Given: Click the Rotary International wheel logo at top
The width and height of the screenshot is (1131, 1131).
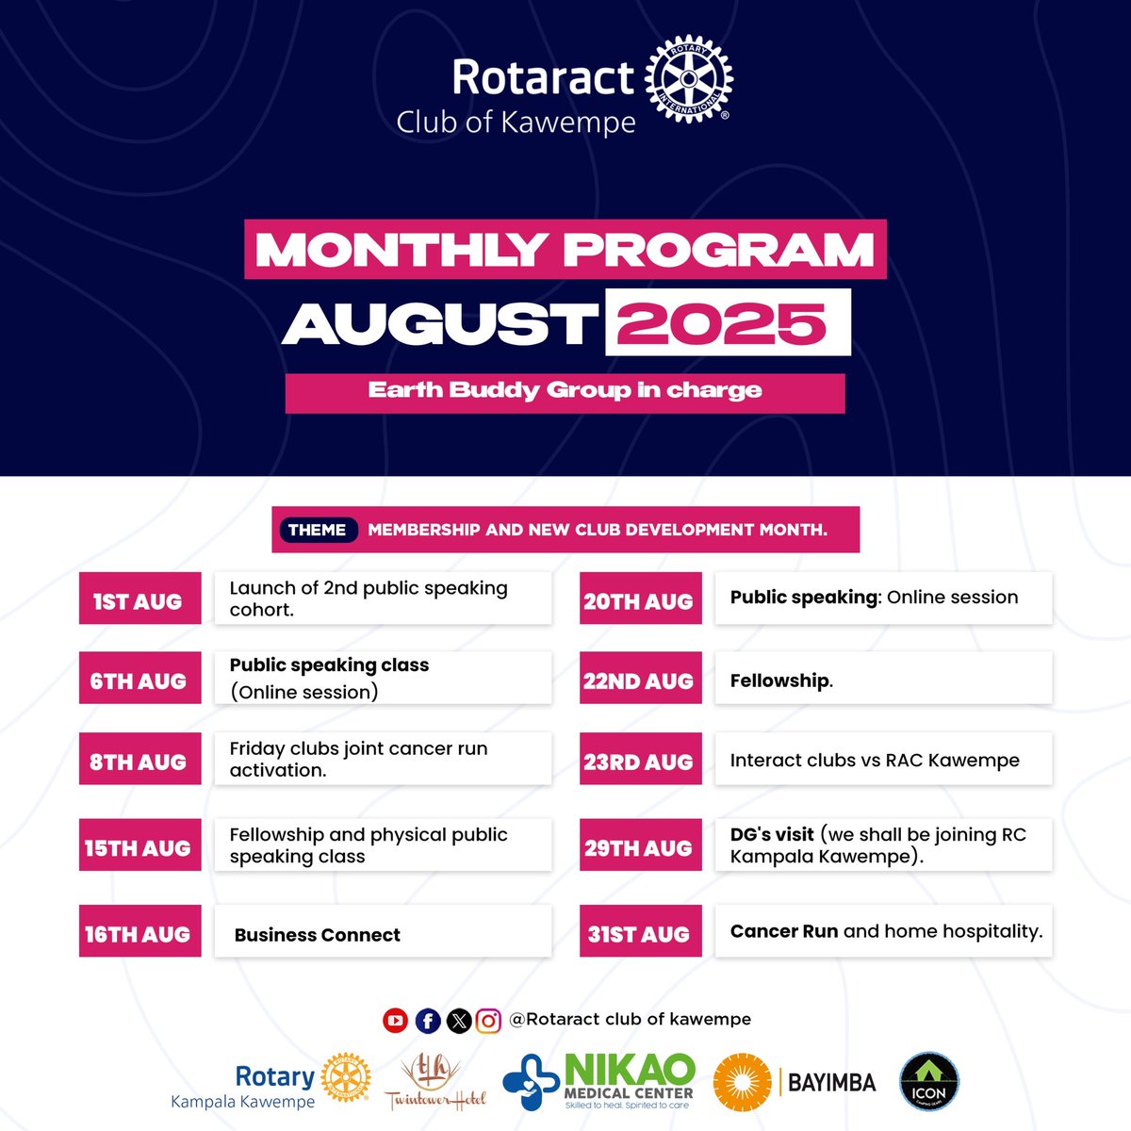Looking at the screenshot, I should [688, 80].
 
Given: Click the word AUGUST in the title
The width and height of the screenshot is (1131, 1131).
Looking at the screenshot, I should [441, 323].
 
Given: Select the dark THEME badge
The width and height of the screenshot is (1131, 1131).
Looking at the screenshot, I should [318, 530].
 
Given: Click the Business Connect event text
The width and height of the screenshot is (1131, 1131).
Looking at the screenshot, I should [318, 935].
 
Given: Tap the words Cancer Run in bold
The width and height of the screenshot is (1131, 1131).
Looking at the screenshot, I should [784, 931].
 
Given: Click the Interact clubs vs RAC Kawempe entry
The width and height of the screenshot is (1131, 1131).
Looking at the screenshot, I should [875, 760].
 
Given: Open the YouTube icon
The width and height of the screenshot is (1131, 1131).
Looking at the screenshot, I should [395, 1020].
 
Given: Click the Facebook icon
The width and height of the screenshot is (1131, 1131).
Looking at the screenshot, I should [427, 1020].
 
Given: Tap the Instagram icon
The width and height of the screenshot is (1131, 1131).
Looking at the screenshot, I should [488, 1020].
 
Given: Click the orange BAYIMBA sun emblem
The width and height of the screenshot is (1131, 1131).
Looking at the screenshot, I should [742, 1082].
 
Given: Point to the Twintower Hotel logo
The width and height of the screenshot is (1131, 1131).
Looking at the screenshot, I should [435, 1082].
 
